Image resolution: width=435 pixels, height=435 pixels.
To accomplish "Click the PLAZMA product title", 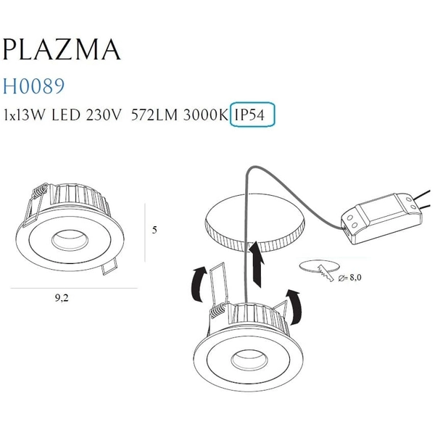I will [x=62, y=49].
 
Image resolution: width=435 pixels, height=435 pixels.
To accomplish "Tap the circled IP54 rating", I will [x=252, y=115].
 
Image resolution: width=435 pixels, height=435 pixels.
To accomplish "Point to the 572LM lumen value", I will [x=154, y=115].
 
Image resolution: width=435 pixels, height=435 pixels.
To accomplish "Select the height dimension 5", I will [x=154, y=230].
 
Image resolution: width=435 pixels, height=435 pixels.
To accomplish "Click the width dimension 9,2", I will [x=67, y=297].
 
